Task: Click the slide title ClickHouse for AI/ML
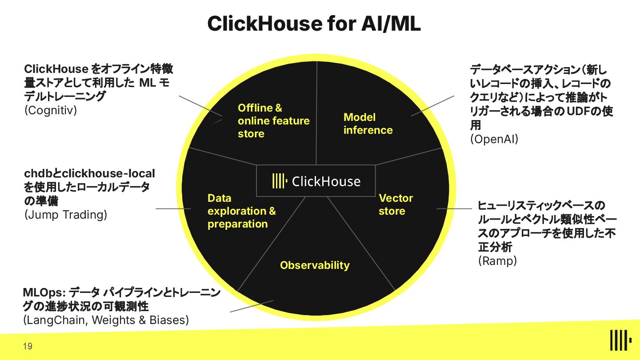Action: [x=314, y=24]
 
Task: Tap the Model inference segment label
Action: [x=368, y=124]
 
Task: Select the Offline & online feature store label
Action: [x=273, y=121]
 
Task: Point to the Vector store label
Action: [x=396, y=204]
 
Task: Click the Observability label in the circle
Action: [x=315, y=265]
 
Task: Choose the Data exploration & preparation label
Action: [x=241, y=211]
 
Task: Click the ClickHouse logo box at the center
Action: [x=316, y=181]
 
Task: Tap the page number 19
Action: [x=28, y=346]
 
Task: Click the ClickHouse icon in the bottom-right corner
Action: [x=621, y=340]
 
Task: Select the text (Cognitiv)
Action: [x=50, y=110]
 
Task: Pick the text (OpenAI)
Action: [x=494, y=139]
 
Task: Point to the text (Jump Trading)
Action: [x=66, y=215]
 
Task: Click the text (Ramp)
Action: [x=497, y=261]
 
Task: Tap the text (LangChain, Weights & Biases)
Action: [x=106, y=320]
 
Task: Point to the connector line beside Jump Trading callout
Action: [x=173, y=208]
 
